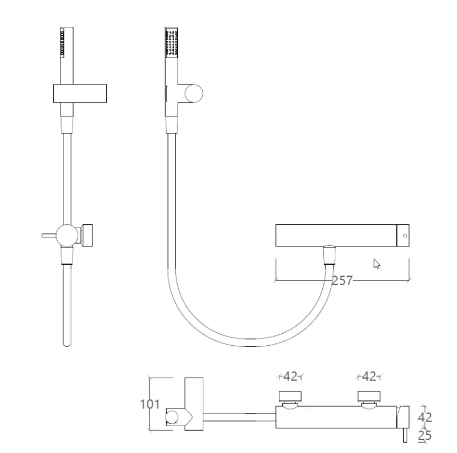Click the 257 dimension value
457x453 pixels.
[x=342, y=280]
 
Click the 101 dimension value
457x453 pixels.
[x=150, y=405]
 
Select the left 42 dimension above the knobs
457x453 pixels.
[x=291, y=377]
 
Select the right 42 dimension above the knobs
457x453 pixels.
[x=370, y=377]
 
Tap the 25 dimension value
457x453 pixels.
[x=424, y=435]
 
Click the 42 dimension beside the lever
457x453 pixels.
[x=424, y=417]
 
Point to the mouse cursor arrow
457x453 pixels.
[x=376, y=264]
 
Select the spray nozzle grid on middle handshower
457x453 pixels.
[x=171, y=43]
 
